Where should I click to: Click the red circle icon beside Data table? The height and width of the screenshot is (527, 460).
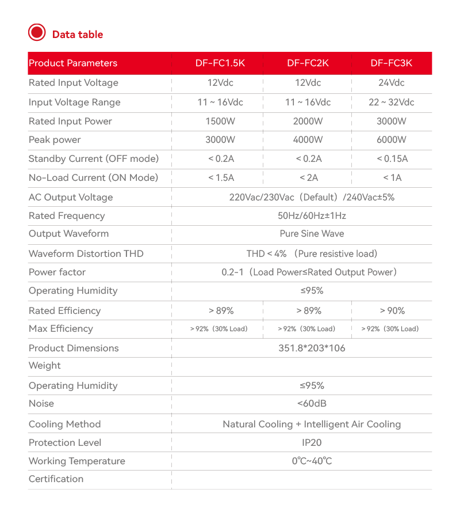[37, 32]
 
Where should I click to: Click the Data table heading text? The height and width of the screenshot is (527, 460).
[78, 35]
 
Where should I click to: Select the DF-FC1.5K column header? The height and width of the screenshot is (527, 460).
[220, 63]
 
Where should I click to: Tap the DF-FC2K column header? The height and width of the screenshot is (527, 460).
[308, 63]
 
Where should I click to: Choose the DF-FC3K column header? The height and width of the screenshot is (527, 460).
[392, 63]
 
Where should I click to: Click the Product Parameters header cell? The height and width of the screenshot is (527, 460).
[73, 63]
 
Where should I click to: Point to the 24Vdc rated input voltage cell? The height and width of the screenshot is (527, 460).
[392, 83]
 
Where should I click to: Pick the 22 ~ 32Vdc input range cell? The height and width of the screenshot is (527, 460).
[392, 103]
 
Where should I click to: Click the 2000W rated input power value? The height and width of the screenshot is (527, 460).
[308, 122]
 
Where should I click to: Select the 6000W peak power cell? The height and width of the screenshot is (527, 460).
[392, 140]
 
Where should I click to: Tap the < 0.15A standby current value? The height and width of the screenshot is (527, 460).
[392, 159]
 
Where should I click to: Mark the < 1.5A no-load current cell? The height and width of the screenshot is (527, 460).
[220, 178]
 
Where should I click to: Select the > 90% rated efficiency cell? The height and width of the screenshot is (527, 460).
[392, 311]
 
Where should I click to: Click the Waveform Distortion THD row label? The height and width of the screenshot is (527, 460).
[86, 254]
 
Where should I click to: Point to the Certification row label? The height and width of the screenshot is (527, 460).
[56, 479]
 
